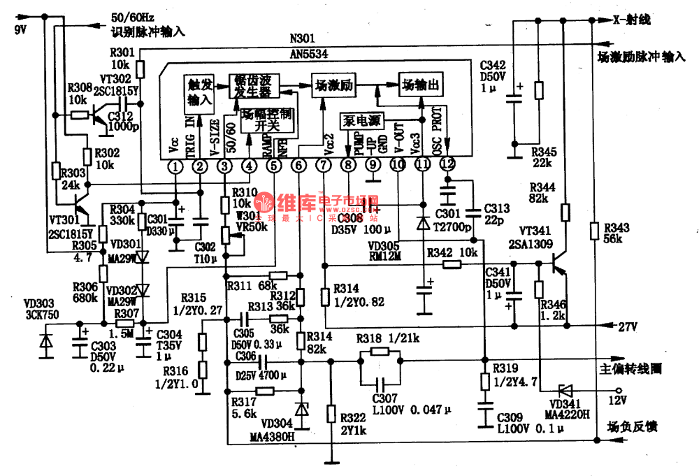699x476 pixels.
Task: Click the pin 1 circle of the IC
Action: coord(175,166)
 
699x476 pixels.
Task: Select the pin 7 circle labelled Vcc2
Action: coord(323,166)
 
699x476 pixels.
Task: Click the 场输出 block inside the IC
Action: coord(421,85)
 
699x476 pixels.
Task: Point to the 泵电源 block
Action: coord(362,120)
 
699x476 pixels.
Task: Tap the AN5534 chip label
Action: coord(308,52)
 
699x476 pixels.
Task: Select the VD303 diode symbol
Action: coord(46,342)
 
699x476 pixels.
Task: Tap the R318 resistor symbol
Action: coord(380,352)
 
